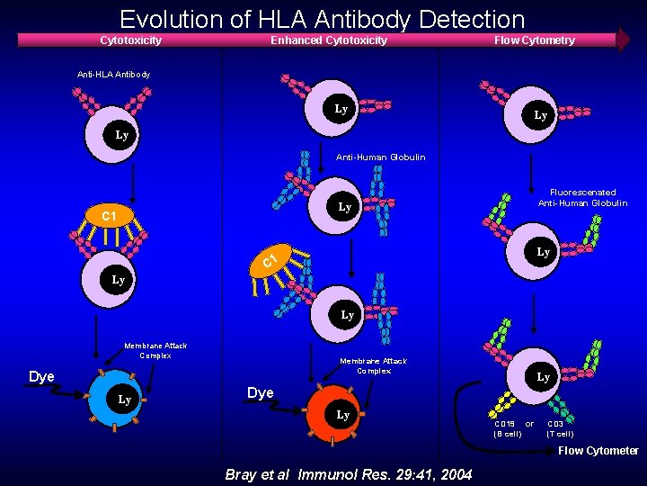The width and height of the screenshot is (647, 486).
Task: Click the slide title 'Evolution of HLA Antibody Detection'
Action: tap(322, 19)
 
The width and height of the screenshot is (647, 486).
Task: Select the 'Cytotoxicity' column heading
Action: tap(130, 40)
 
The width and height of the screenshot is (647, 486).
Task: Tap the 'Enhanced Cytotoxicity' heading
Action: tap(329, 40)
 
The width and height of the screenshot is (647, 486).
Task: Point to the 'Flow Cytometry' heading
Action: tap(534, 40)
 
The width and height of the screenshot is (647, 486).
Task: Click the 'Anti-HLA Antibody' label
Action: tap(114, 74)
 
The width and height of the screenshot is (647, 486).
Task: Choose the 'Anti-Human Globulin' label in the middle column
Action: tap(374, 157)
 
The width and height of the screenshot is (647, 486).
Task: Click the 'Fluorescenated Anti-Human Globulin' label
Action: tap(582, 197)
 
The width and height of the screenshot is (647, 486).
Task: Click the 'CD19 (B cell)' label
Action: tap(507, 428)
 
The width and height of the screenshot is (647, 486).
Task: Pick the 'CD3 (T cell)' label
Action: tap(560, 428)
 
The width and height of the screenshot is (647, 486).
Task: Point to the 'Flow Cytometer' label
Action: tap(598, 451)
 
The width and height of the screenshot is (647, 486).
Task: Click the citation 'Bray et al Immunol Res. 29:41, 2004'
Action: tap(348, 474)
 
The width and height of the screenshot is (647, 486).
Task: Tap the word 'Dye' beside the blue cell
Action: tap(41, 376)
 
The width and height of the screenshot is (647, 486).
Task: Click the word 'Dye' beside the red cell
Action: tap(260, 393)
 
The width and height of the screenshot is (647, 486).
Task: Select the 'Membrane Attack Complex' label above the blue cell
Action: tap(155, 350)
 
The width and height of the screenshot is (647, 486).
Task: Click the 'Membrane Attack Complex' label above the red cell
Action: tap(373, 365)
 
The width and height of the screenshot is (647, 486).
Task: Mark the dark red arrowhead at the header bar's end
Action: tap(623, 40)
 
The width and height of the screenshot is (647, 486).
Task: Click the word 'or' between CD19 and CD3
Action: tap(529, 423)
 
